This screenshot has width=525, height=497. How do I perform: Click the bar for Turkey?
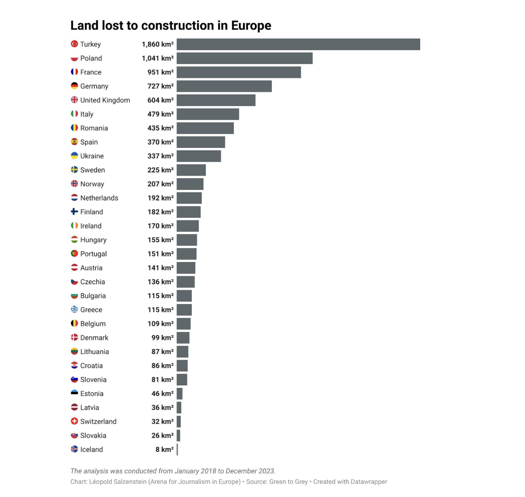(298, 44)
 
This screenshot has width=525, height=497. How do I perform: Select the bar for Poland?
(244, 58)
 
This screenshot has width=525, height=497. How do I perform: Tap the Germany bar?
(224, 86)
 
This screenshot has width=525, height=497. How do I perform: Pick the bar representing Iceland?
(177, 449)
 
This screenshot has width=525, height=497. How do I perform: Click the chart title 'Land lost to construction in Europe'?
(171, 26)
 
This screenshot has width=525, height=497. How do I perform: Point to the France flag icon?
(74, 72)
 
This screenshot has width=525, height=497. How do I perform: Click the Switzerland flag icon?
(74, 421)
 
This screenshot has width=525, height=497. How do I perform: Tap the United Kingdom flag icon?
(74, 100)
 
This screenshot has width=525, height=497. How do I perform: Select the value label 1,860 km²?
(158, 44)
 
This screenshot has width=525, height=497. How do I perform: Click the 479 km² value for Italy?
(160, 114)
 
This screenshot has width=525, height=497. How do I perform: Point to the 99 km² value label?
(162, 338)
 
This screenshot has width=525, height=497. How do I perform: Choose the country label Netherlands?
(99, 198)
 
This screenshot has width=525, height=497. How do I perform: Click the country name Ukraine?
(92, 156)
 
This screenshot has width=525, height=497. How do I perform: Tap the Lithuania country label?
(95, 352)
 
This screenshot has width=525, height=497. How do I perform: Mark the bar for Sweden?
(191, 170)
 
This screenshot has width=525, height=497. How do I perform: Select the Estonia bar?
(180, 393)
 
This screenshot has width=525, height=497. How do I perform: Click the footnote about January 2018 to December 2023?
(173, 471)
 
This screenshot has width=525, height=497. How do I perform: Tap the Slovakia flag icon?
(74, 435)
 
